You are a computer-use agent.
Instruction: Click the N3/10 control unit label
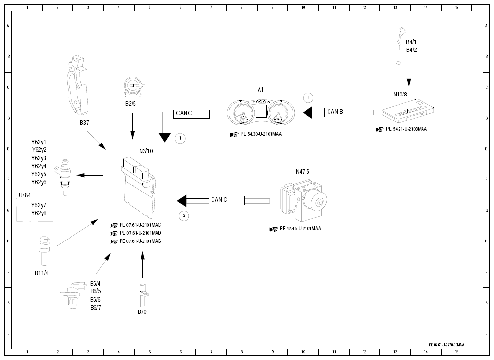pyautogui.click(x=146, y=151)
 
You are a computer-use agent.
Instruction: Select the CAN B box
pyautogui.click(x=342, y=112)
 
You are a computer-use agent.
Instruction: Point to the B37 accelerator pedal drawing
pyautogui.click(x=77, y=86)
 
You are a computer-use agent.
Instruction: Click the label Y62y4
pyautogui.click(x=39, y=166)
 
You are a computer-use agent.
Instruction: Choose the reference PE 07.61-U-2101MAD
pyautogui.click(x=140, y=233)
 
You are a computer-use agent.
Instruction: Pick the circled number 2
pyautogui.click(x=184, y=216)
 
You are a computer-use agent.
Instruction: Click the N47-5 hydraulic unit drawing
pyautogui.click(x=304, y=200)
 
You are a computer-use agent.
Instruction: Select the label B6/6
pyautogui.click(x=95, y=299)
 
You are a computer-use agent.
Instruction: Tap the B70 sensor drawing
pyautogui.click(x=143, y=295)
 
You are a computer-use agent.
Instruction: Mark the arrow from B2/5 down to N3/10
pyautogui.click(x=132, y=126)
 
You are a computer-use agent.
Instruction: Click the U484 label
pyautogui.click(x=24, y=195)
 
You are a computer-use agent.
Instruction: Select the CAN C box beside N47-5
pyautogui.click(x=227, y=200)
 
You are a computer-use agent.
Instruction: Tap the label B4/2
pyautogui.click(x=411, y=50)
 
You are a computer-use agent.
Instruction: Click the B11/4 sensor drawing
pyautogui.click(x=44, y=251)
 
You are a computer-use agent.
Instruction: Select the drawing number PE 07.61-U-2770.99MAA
pyautogui.click(x=447, y=345)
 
